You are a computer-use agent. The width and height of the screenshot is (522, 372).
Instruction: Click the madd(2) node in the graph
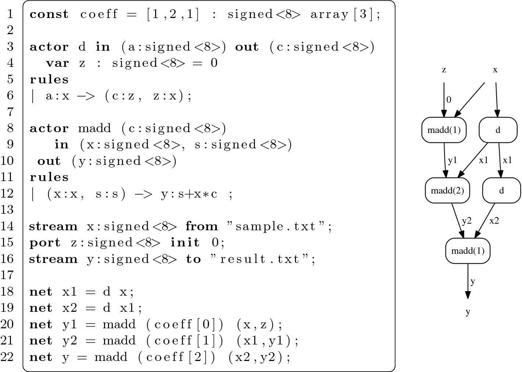click(x=447, y=190)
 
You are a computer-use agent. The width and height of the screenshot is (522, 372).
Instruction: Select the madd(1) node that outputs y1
click(x=444, y=130)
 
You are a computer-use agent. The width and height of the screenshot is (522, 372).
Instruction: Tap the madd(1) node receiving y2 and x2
click(x=468, y=251)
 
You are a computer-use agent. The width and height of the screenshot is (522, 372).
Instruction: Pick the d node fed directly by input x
click(x=498, y=130)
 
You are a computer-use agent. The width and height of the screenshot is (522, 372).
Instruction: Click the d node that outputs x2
click(x=501, y=190)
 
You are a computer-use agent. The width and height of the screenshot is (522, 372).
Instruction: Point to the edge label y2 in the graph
click(x=467, y=221)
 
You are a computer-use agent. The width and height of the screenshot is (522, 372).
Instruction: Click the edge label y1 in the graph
click(x=453, y=160)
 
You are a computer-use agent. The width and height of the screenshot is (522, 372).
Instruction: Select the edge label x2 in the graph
click(x=494, y=221)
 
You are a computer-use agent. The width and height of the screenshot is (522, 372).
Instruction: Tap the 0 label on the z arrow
click(x=449, y=100)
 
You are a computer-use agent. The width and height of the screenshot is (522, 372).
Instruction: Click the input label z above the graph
click(x=444, y=70)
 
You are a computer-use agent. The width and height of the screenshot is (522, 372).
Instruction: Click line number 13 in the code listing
click(x=8, y=210)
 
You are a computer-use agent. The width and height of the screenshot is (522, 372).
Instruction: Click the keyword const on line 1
click(x=49, y=14)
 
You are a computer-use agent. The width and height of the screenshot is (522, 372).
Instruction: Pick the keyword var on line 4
click(x=57, y=63)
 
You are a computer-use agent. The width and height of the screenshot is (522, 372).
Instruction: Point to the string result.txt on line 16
click(x=263, y=259)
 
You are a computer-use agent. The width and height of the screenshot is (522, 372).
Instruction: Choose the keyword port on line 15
click(x=45, y=243)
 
